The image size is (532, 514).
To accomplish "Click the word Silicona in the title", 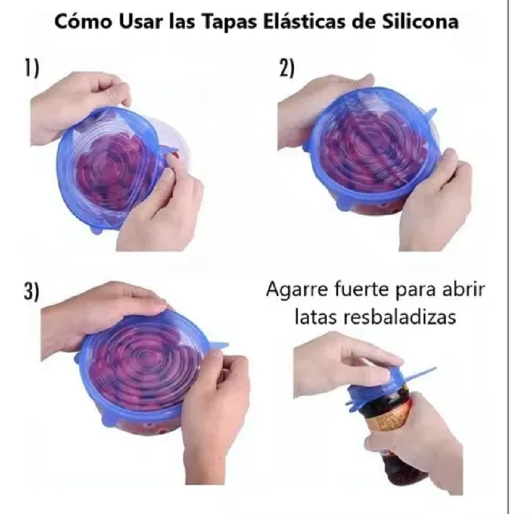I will [x=422, y=22].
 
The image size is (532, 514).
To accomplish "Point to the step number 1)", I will [x=30, y=67].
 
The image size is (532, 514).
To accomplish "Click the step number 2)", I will [x=286, y=67].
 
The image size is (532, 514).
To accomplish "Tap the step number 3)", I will [x=31, y=292].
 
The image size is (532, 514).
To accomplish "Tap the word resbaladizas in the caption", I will [x=402, y=317].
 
